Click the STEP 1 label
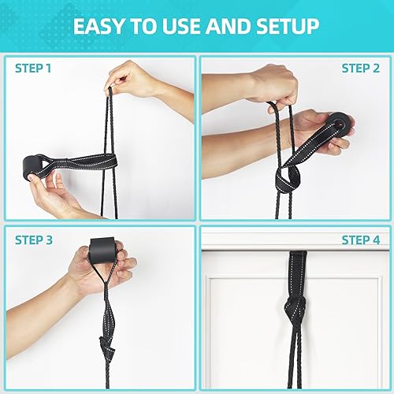tap(35, 68)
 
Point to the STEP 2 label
tap(359, 68)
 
